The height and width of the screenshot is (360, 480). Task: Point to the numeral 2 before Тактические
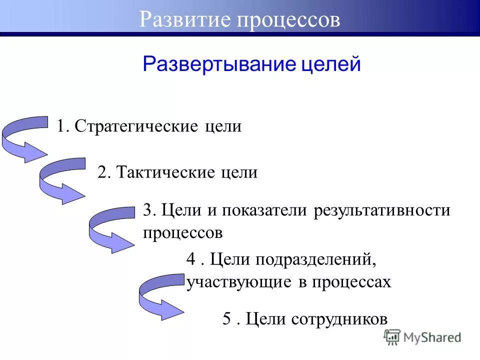click(101, 173)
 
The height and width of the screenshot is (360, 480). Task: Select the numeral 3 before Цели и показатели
click(147, 210)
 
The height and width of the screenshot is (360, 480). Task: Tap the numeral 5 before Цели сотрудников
click(226, 319)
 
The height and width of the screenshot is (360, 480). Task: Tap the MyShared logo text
click(432, 338)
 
